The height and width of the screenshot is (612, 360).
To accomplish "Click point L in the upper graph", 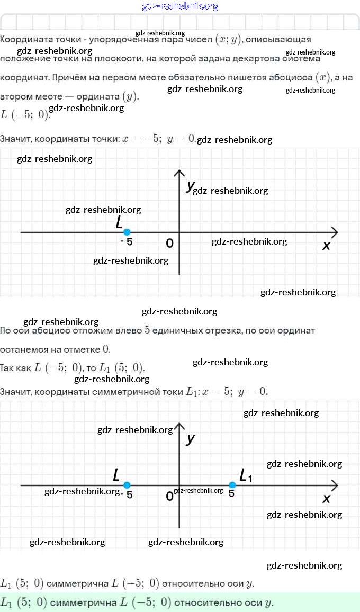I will [x=127, y=232].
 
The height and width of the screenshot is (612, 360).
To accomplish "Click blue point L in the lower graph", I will [x=127, y=484].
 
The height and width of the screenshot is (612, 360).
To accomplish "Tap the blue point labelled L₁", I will [x=232, y=484].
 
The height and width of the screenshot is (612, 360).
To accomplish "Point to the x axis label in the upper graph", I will [x=326, y=246].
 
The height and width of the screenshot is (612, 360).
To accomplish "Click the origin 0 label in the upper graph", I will [x=169, y=244].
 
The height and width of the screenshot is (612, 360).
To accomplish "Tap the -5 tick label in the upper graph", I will [x=127, y=242].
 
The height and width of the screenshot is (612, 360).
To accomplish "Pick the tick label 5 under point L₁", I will [x=232, y=493].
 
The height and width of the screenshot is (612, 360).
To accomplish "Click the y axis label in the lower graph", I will [x=191, y=438].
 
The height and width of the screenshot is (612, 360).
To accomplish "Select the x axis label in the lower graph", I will [x=326, y=499].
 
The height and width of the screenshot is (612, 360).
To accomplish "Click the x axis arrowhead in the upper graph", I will [x=334, y=232].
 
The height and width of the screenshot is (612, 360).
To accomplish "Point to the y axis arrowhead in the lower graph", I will [x=179, y=426].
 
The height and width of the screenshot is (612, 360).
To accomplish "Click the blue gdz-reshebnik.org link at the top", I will [x=180, y=6].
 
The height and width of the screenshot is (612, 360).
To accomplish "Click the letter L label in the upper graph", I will [x=119, y=222].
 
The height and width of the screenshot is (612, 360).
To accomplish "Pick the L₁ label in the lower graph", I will [x=246, y=475].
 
